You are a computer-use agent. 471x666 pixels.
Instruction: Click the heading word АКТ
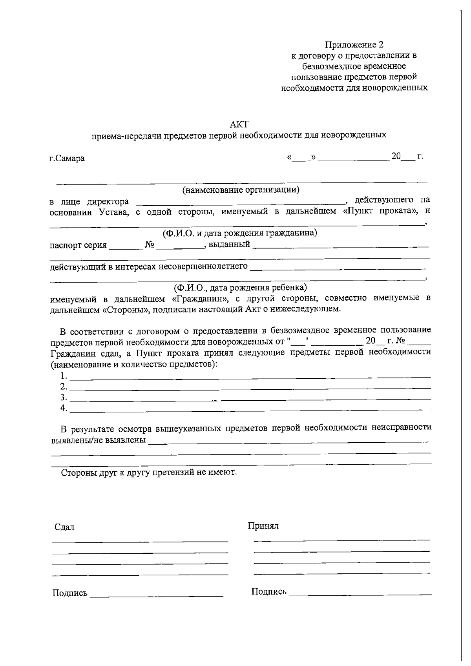[239, 124]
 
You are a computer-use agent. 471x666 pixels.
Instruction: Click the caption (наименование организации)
[241, 190]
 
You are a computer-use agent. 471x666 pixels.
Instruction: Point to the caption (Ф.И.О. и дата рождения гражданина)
[240, 233]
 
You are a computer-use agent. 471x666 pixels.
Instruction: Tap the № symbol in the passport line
[150, 245]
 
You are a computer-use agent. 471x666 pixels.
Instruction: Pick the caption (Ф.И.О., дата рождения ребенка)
[240, 288]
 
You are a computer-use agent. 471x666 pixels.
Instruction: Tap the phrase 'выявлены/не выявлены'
[99, 440]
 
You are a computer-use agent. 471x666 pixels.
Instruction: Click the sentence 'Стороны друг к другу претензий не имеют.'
[149, 472]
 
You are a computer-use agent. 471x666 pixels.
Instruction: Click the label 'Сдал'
[64, 527]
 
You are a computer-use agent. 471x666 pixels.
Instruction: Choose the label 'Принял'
[263, 526]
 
